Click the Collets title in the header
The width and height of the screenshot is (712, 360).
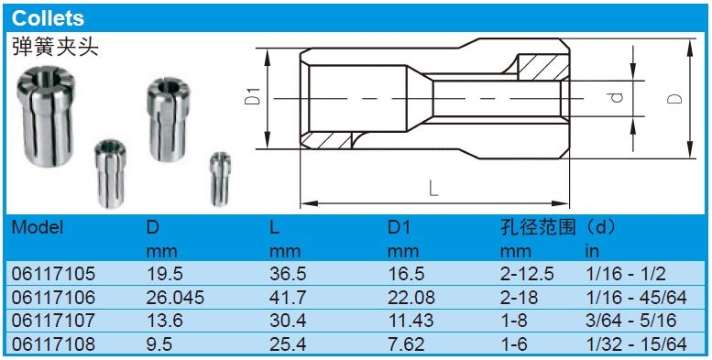point(49,18)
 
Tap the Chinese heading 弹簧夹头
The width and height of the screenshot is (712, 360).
point(55,48)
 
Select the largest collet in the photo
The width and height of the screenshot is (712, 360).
point(46,116)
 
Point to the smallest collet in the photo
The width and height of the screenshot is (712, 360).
point(221,179)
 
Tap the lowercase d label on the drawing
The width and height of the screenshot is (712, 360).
point(616,97)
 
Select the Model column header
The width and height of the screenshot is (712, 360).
point(38,226)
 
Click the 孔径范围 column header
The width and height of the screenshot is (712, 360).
point(537,226)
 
